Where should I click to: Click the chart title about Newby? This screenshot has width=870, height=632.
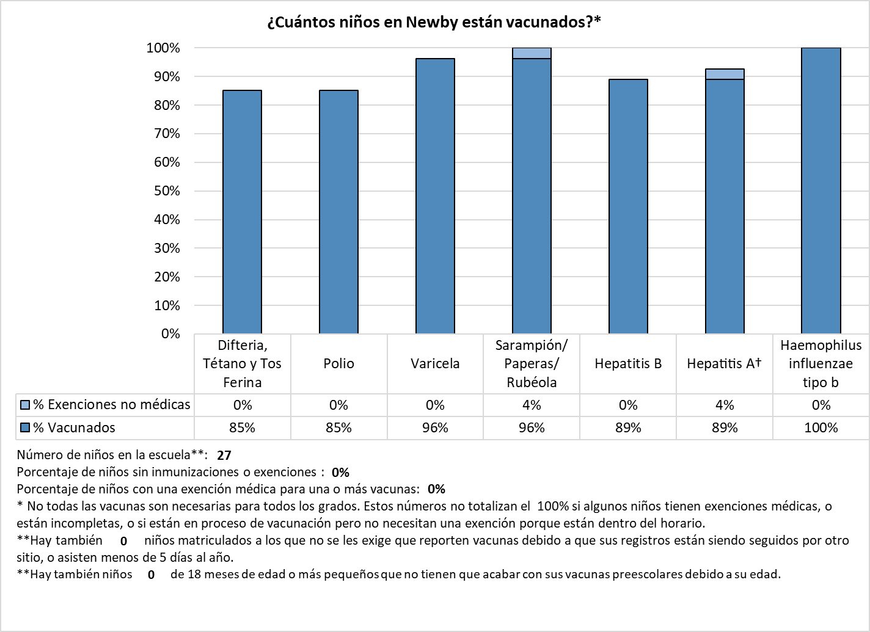pyautogui.click(x=434, y=22)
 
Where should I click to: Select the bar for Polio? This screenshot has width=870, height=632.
pyautogui.click(x=338, y=211)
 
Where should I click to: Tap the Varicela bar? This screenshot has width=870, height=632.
pyautogui.click(x=435, y=195)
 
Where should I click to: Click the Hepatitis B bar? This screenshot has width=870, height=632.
pyautogui.click(x=628, y=206)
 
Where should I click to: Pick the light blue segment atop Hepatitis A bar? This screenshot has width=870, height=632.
pyautogui.click(x=725, y=74)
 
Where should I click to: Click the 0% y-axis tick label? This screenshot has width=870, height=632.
pyautogui.click(x=170, y=334)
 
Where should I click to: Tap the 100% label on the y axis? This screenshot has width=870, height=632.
pyautogui.click(x=163, y=48)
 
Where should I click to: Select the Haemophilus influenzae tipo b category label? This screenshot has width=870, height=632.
pyautogui.click(x=821, y=364)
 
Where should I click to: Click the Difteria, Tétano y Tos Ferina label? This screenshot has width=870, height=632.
pyautogui.click(x=242, y=364)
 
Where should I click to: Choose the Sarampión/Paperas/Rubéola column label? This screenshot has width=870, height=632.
pyautogui.click(x=532, y=364)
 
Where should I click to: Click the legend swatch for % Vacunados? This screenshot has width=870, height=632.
pyautogui.click(x=25, y=427)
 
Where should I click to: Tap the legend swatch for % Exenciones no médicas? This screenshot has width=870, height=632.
pyautogui.click(x=25, y=404)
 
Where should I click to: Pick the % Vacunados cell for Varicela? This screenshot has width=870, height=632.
pyautogui.click(x=435, y=428)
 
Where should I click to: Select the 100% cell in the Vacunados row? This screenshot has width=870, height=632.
pyautogui.click(x=821, y=428)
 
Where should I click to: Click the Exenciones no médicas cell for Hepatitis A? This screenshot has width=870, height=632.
pyautogui.click(x=725, y=405)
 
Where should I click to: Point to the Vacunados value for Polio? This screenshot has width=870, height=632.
pyautogui.click(x=338, y=428)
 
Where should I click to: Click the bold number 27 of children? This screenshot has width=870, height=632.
pyautogui.click(x=224, y=455)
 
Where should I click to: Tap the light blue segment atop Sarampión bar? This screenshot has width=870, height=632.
pyautogui.click(x=532, y=53)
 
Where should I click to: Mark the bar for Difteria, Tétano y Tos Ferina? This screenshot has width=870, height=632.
pyautogui.click(x=242, y=211)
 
